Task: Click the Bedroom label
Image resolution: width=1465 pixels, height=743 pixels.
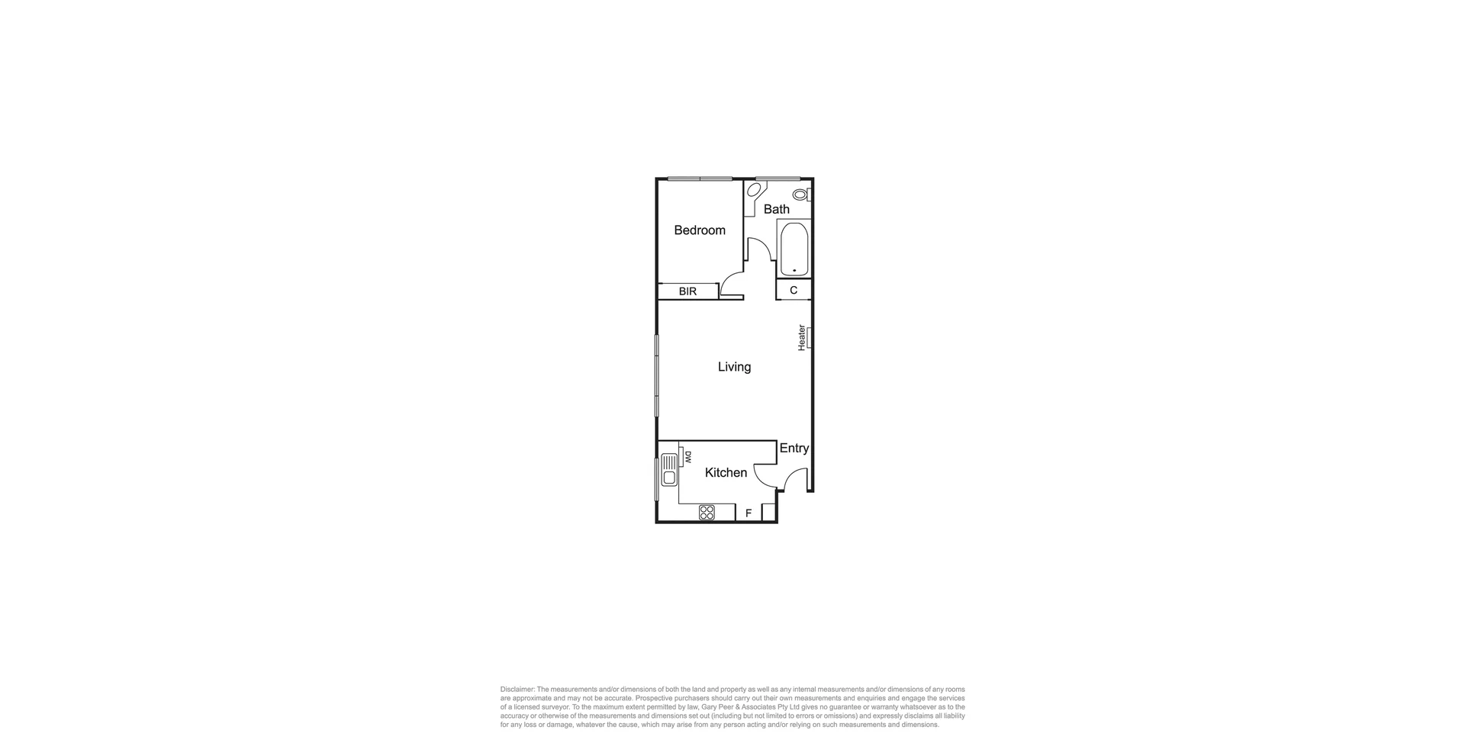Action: pos(699,230)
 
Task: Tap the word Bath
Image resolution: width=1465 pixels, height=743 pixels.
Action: pos(776,209)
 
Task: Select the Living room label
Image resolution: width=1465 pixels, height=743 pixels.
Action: pos(734,367)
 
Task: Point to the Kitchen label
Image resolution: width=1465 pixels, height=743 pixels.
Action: pos(726,473)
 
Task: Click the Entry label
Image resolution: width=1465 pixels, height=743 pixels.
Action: pos(794,449)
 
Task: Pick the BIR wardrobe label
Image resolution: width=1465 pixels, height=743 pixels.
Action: pos(687,291)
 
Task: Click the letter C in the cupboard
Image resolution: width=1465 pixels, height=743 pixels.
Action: pos(794,291)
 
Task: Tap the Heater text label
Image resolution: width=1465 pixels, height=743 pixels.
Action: pos(802,338)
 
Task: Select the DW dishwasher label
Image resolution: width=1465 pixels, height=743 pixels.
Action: pos(687,457)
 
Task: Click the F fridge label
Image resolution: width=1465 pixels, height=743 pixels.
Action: pos(749,513)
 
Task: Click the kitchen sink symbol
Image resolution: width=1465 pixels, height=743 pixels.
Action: pos(135,470)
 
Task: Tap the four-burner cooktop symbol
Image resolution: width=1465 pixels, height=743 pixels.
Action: pos(707,513)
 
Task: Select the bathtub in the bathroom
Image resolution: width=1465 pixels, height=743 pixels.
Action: pos(794,249)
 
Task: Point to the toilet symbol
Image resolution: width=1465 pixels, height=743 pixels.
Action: pos(800,195)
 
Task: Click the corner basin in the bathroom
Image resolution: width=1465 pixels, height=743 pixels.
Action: pos(754,190)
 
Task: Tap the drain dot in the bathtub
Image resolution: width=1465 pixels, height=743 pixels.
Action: pos(794,271)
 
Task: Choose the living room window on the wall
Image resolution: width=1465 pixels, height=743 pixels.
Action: pos(656,375)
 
